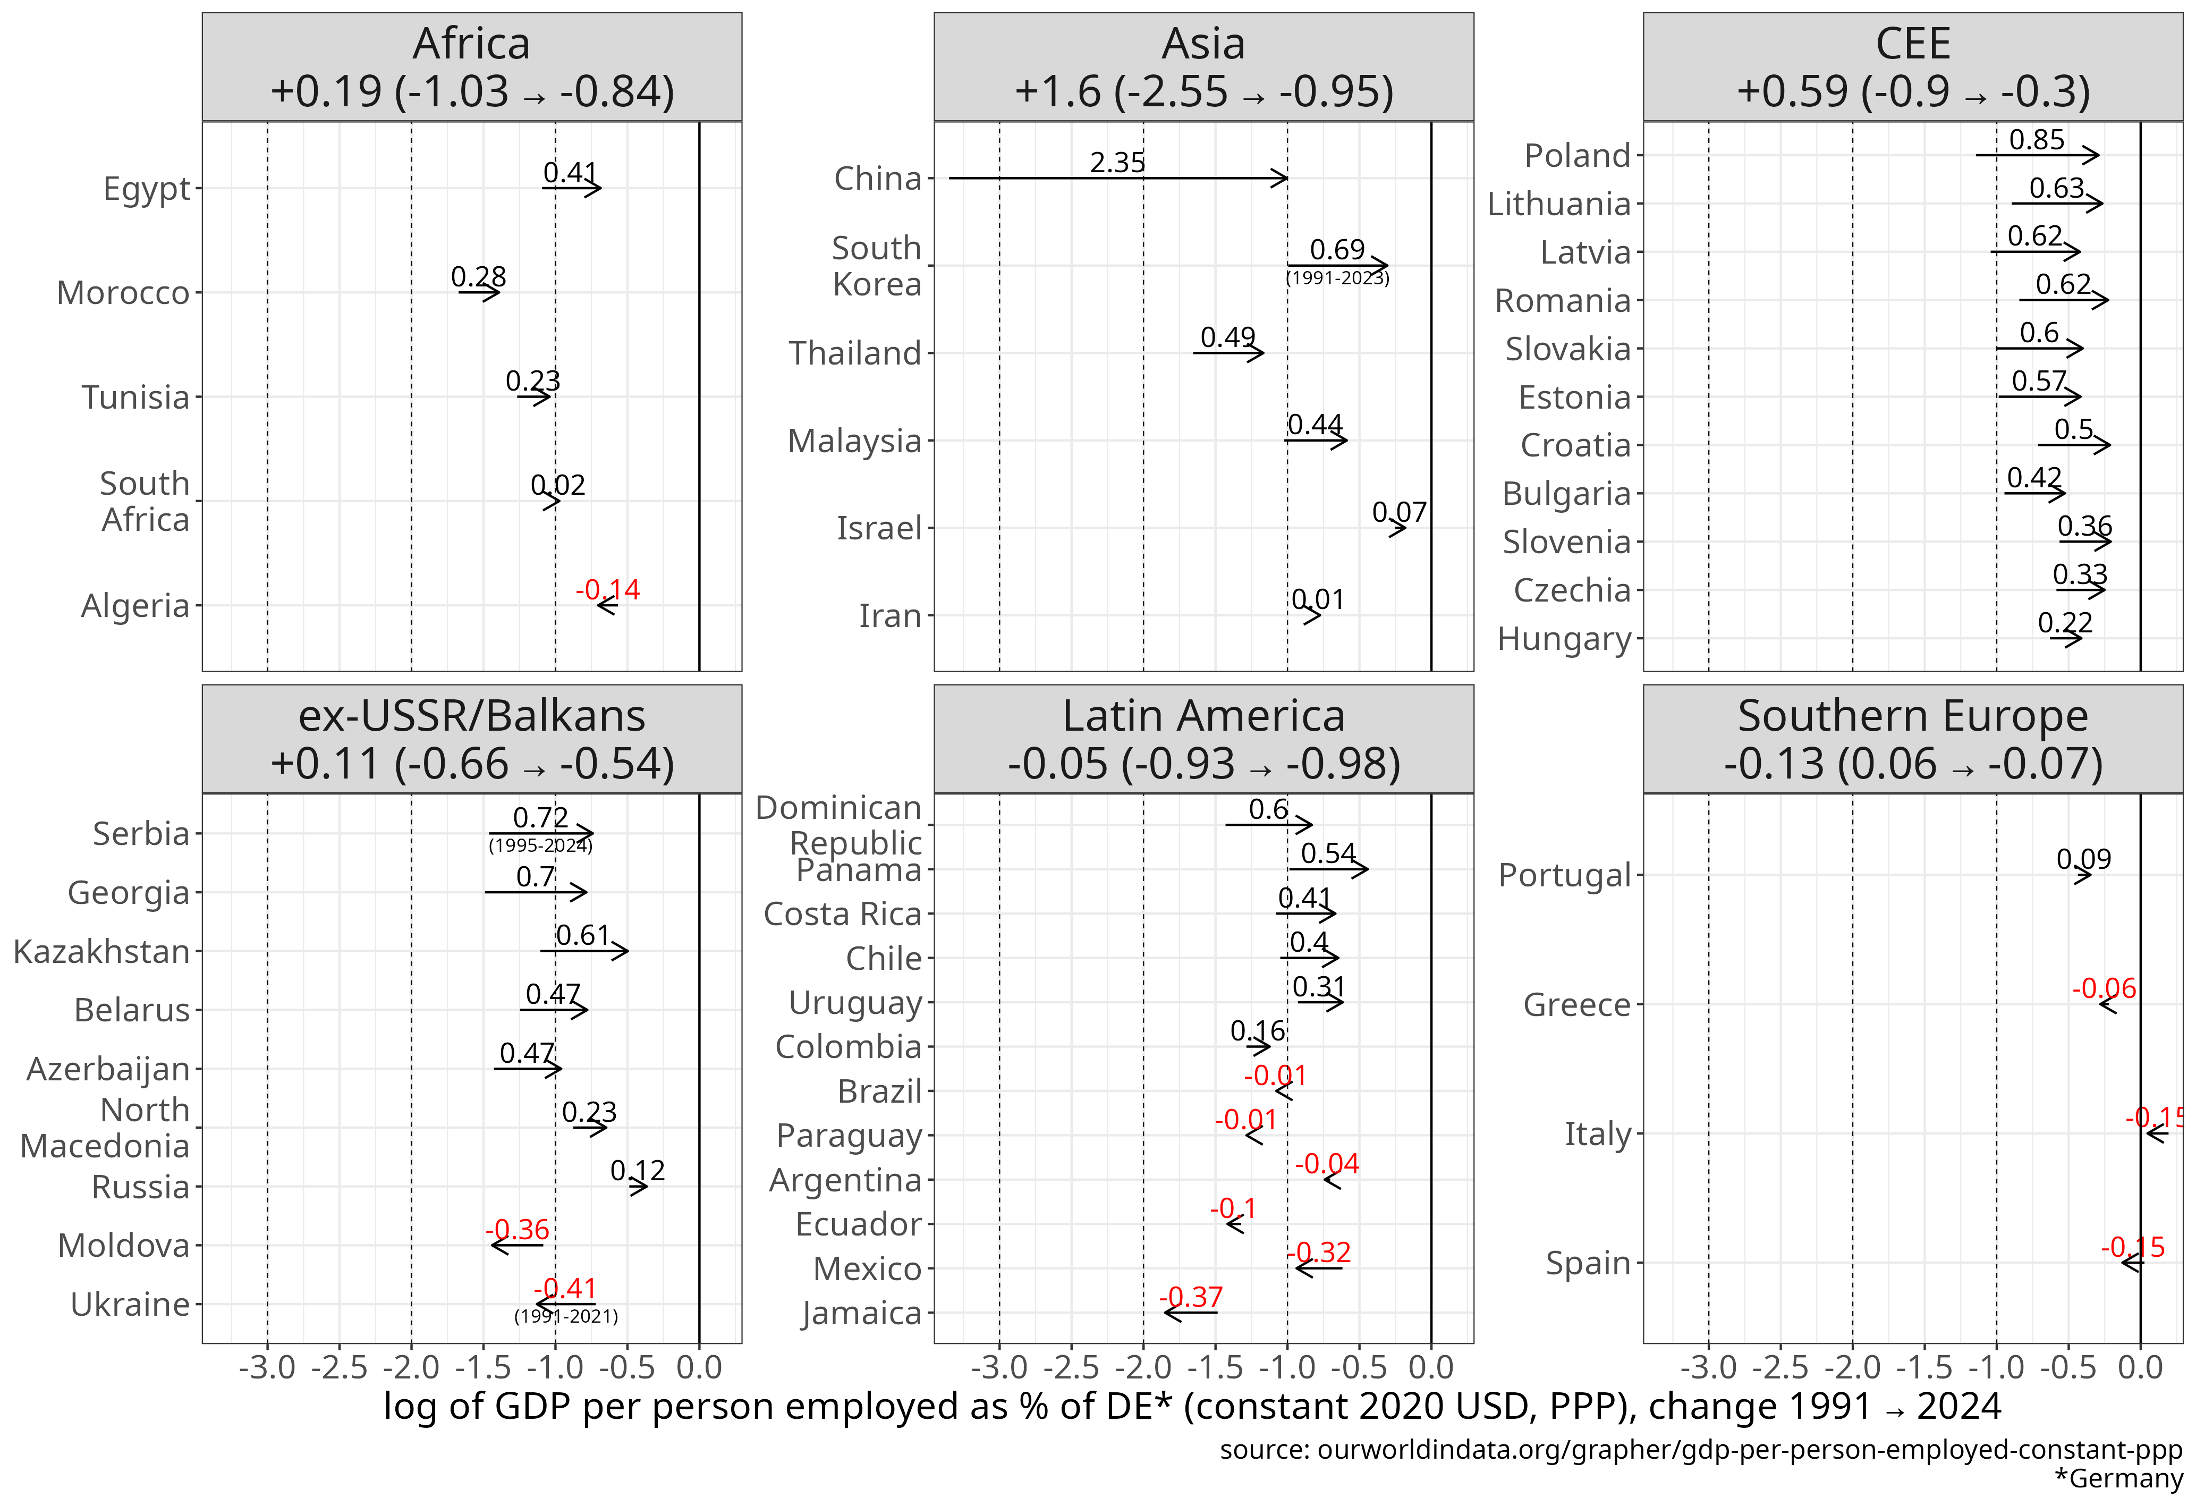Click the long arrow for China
pyautogui.click(x=1118, y=177)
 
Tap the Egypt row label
pyautogui.click(x=147, y=189)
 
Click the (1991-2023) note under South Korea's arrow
pyautogui.click(x=1337, y=278)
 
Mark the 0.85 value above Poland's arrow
pyautogui.click(x=2036, y=140)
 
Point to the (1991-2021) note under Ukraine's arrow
pyautogui.click(x=566, y=1316)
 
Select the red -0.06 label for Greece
pyautogui.click(x=2104, y=988)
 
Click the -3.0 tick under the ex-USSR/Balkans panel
pyautogui.click(x=267, y=1367)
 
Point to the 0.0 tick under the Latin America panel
pyautogui.click(x=1430, y=1367)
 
